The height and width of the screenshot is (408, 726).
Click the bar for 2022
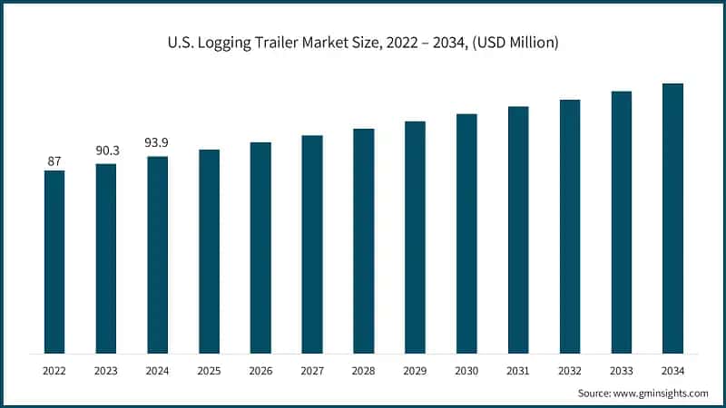click(54, 262)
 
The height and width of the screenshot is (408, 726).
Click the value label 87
click(54, 161)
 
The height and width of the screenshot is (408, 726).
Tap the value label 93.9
click(158, 142)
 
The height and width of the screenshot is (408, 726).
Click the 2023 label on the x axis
click(106, 370)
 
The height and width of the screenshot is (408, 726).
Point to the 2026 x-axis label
click(260, 370)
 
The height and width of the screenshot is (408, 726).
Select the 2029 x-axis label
click(415, 370)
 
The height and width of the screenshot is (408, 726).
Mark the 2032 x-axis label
click(570, 370)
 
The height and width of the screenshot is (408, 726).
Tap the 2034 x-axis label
click(672, 370)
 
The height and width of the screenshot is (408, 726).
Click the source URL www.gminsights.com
click(661, 393)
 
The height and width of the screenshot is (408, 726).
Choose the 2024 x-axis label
click(158, 370)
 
